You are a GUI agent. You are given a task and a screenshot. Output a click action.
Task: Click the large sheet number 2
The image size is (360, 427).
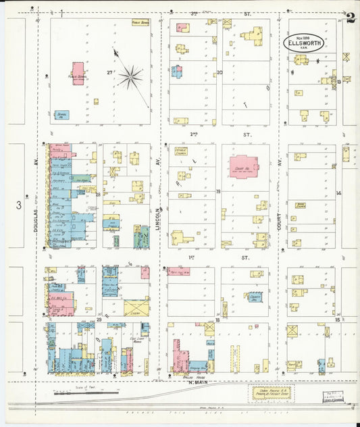[350, 18]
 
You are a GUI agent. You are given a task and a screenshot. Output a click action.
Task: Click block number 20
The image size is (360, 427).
[219, 72]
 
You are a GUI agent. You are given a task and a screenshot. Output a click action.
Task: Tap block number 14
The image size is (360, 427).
[339, 193]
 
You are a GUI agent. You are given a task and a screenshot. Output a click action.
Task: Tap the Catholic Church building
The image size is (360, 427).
[180, 153]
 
